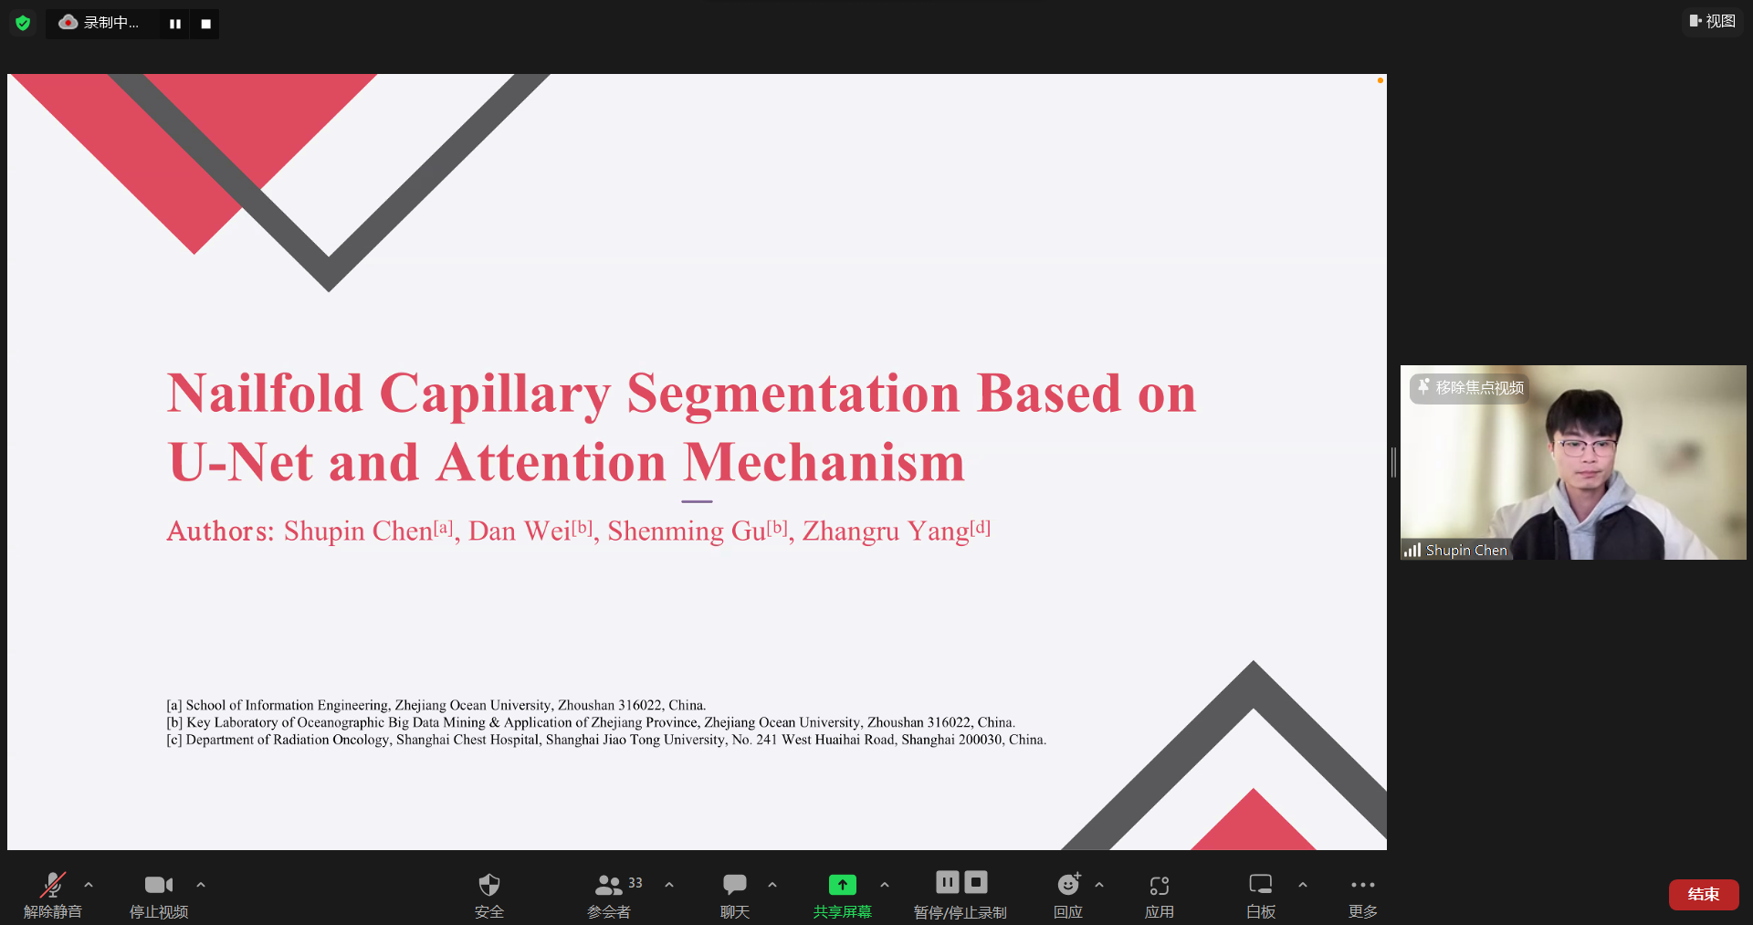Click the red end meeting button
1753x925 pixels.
(1703, 894)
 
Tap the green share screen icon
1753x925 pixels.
(842, 884)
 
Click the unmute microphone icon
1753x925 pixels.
(53, 884)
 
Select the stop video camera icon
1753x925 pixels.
(159, 884)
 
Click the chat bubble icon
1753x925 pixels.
(734, 884)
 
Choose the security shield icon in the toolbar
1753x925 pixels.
(489, 884)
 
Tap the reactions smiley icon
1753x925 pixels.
(1068, 884)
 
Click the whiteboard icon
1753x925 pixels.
(1260, 884)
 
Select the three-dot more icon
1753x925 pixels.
(1362, 885)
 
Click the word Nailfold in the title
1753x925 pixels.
(265, 394)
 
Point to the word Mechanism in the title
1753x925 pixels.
(824, 462)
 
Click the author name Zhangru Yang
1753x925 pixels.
(886, 531)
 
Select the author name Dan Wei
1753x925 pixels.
(519, 531)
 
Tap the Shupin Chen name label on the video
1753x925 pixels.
(1466, 551)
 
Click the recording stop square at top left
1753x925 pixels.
(205, 24)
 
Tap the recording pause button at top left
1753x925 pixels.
(174, 24)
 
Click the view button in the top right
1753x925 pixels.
(1712, 21)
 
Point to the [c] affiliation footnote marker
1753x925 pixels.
(173, 740)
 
